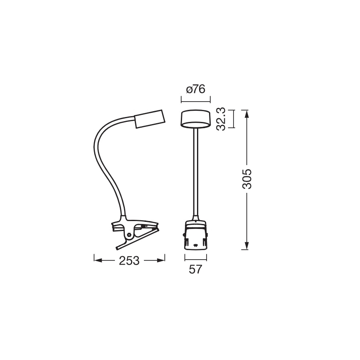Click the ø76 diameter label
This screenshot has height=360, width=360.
pos(196,90)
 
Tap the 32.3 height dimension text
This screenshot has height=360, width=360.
pos(221,119)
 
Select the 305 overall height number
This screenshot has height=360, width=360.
pos(247,179)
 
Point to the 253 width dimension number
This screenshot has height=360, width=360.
pos(129,260)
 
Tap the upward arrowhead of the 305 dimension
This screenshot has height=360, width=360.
pos(247,113)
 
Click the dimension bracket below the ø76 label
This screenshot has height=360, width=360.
pos(196,100)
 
